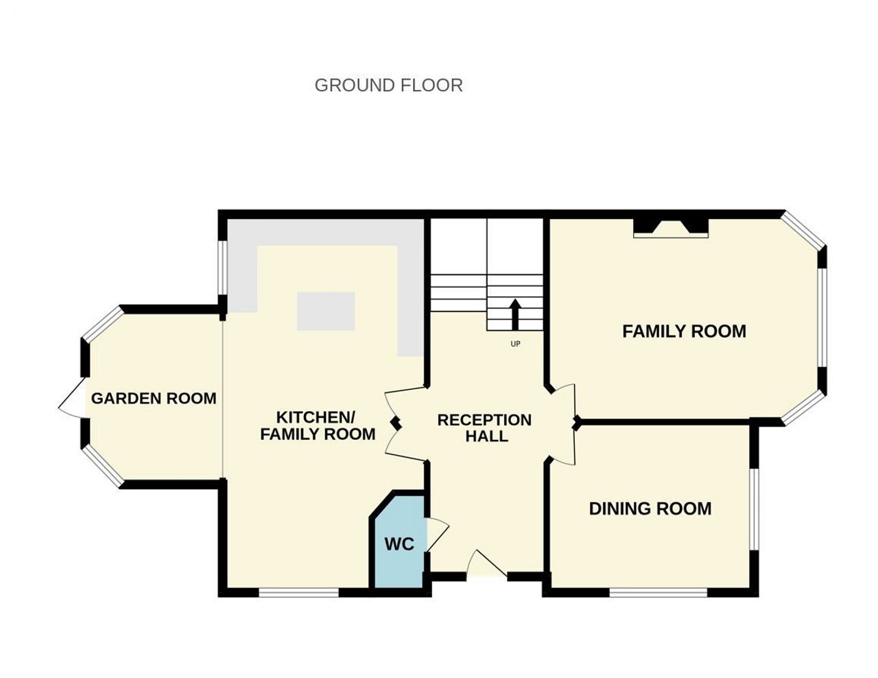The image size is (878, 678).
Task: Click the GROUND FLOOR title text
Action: tap(388, 85)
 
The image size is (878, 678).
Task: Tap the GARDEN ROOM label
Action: tap(154, 399)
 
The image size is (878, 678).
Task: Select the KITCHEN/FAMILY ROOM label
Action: tap(318, 426)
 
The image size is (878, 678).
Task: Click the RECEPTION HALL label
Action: tap(484, 428)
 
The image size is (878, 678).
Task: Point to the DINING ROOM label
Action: tap(650, 508)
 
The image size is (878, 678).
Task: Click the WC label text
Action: tap(399, 544)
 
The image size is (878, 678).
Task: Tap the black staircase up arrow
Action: tap(514, 314)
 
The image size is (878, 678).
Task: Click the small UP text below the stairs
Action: tap(515, 344)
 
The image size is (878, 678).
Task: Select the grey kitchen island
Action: tap(326, 311)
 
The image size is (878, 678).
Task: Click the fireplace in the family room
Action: tap(671, 228)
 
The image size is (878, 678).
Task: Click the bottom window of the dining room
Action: tap(658, 593)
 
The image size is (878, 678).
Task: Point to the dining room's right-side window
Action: tap(754, 509)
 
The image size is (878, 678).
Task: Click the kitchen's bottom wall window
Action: tap(298, 593)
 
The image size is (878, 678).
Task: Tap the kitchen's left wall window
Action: tap(222, 268)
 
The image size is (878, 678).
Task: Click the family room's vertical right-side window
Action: tap(822, 318)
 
